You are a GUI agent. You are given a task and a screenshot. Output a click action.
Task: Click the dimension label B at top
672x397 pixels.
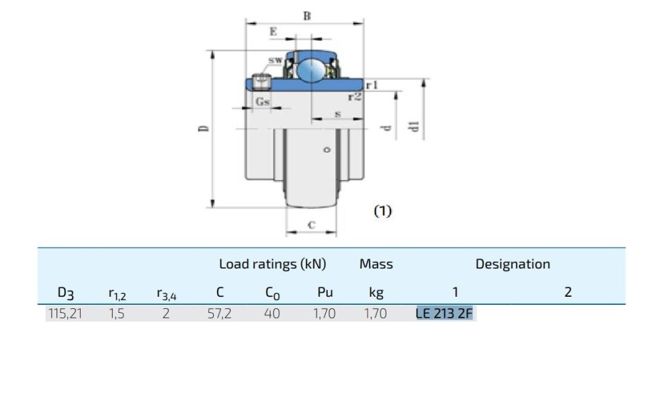pos(306,15)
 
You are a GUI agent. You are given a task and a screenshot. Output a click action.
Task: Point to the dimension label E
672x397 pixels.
pos(273,32)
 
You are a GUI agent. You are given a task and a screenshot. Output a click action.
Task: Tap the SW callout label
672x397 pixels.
pos(276,61)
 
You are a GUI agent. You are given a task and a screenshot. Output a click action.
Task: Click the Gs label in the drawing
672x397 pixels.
pos(263,102)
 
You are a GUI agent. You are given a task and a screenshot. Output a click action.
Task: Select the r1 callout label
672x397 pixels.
pos(372,85)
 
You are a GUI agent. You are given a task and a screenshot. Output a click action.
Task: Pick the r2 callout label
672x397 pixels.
pos(355,97)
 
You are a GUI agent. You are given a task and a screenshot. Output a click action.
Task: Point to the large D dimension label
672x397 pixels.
pos(204,128)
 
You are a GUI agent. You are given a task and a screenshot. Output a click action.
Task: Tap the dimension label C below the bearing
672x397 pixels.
pos(311,225)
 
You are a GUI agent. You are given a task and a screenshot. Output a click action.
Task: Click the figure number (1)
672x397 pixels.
pos(382,211)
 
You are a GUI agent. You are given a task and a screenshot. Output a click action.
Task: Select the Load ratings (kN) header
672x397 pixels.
pos(272,264)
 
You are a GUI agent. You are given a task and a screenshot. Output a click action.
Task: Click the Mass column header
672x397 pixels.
pos(376,264)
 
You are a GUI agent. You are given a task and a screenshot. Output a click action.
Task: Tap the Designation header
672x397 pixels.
pos(513,264)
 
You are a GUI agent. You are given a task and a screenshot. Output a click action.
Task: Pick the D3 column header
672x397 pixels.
pos(65,293)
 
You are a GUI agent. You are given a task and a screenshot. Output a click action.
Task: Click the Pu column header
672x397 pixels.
pos(325,293)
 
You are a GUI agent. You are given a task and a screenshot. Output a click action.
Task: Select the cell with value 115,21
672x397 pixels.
pos(65,313)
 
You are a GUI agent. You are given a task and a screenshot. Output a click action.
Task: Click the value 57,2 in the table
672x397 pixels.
pos(219,313)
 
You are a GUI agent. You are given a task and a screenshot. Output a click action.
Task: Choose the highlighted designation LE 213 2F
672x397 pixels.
pos(445,313)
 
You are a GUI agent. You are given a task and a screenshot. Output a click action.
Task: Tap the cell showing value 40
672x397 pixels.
pos(271,313)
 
